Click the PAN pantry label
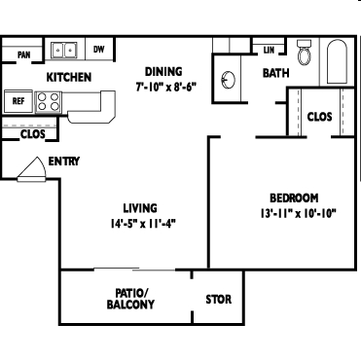pyautogui.click(x=23, y=54)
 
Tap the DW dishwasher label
pyautogui.click(x=99, y=50)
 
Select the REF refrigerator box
pyautogui.click(x=18, y=101)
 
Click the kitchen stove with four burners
pyautogui.click(x=48, y=102)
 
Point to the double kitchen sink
pyautogui.click(x=64, y=50)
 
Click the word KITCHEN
pyautogui.click(x=69, y=78)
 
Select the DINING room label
pyautogui.click(x=163, y=71)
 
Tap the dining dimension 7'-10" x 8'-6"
pyautogui.click(x=166, y=87)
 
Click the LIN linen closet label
pyautogui.click(x=269, y=50)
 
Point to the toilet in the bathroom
pyautogui.click(x=305, y=53)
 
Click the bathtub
pyautogui.click(x=337, y=61)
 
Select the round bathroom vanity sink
pyautogui.click(x=229, y=79)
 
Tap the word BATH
pyautogui.click(x=276, y=73)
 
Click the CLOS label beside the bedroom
pyautogui.click(x=319, y=117)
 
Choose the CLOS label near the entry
pyautogui.click(x=33, y=134)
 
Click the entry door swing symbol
pyautogui.click(x=32, y=169)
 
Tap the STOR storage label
pyautogui.click(x=219, y=300)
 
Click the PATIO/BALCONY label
pyautogui.click(x=130, y=299)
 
